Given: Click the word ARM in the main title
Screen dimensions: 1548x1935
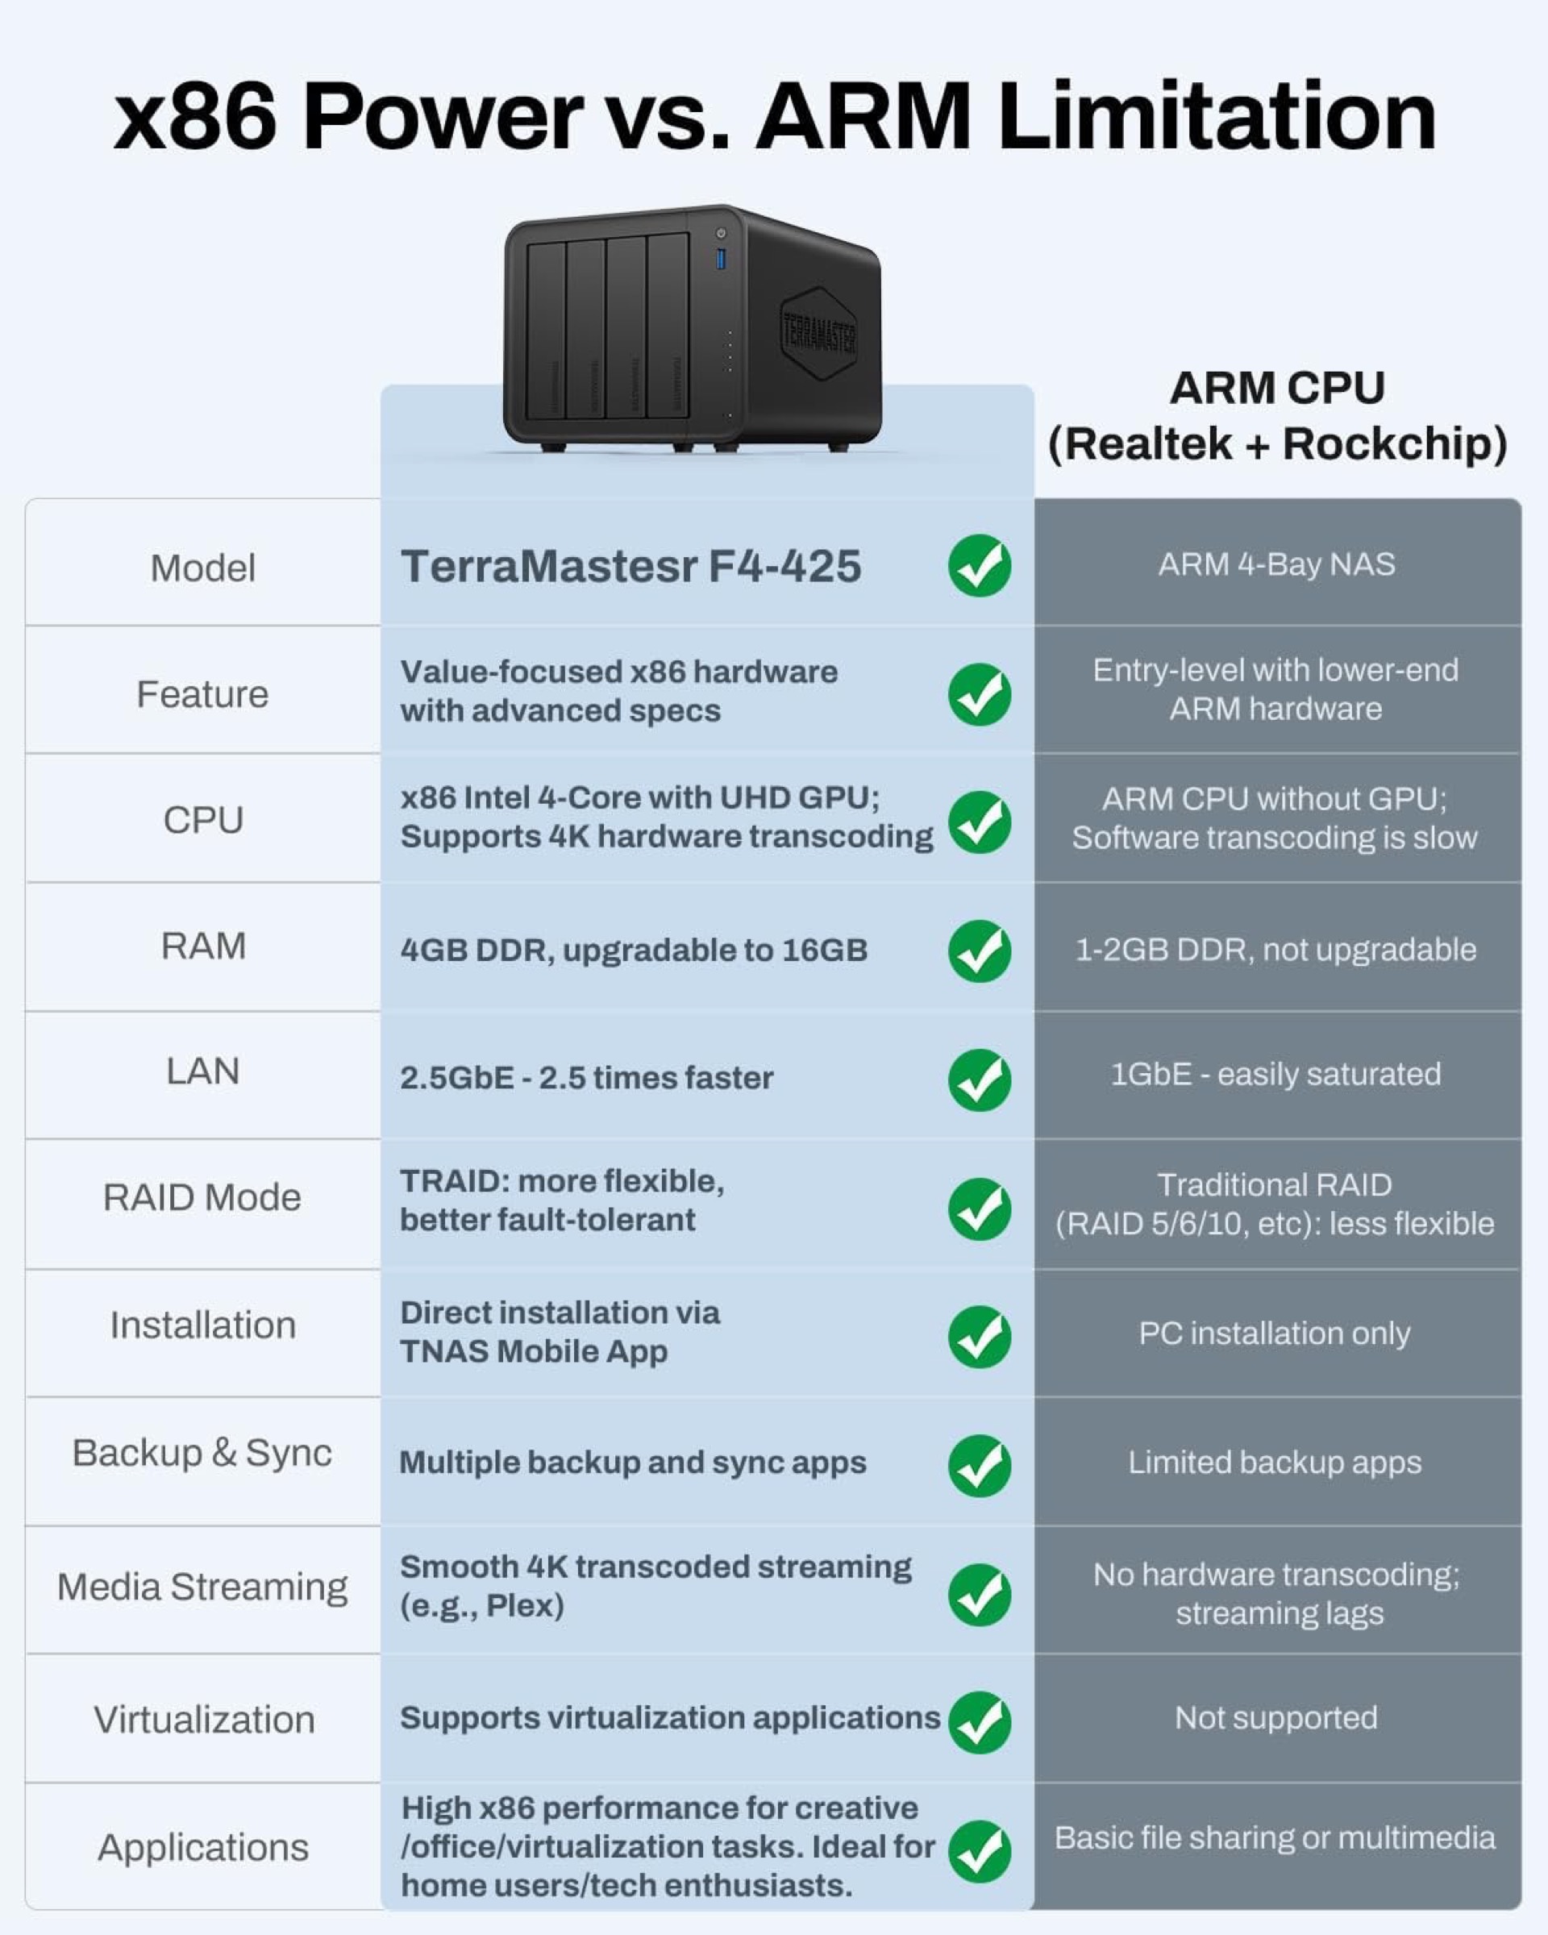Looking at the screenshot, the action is [x=863, y=117].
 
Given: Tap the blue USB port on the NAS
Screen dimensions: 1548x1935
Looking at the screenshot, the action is [x=721, y=260].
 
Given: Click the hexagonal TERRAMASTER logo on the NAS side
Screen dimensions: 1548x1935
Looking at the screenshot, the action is [x=818, y=334].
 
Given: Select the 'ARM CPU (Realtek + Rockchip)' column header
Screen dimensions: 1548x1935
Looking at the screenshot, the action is [x=1277, y=415].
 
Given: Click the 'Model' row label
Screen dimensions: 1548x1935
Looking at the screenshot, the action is [x=203, y=568].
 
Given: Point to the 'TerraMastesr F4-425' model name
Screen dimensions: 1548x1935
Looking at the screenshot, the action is [x=630, y=566].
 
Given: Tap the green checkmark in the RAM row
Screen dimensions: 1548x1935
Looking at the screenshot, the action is [x=979, y=951].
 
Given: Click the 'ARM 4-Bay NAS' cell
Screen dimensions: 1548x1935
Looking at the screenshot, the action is [x=1276, y=564].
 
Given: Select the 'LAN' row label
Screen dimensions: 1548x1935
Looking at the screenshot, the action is [x=203, y=1071].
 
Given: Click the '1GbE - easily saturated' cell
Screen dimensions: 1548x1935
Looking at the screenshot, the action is [x=1276, y=1073].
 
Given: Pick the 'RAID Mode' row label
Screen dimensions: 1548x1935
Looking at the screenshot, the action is [x=202, y=1197].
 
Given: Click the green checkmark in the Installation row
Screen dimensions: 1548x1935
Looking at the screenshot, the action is [x=979, y=1337].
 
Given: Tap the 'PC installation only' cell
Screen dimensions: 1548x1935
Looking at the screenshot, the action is [x=1275, y=1333].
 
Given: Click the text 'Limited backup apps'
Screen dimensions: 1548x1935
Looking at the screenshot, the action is [x=1275, y=1462].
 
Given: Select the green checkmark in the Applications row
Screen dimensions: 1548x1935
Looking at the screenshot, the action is [x=979, y=1851].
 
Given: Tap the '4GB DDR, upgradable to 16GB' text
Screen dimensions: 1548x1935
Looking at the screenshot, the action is [x=634, y=951].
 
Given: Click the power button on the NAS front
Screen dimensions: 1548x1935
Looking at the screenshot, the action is [x=721, y=233].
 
